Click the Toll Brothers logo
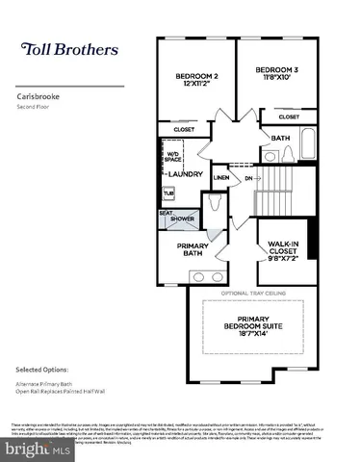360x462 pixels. pos(66,49)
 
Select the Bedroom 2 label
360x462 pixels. pos(195,80)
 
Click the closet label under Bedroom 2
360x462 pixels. pos(184,128)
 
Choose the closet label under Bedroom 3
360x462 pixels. pos(289,116)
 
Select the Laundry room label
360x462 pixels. pos(185,174)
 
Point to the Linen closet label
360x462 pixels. pos(220,178)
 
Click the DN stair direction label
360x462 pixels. pos(248,178)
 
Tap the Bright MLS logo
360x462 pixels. pos(36,449)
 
